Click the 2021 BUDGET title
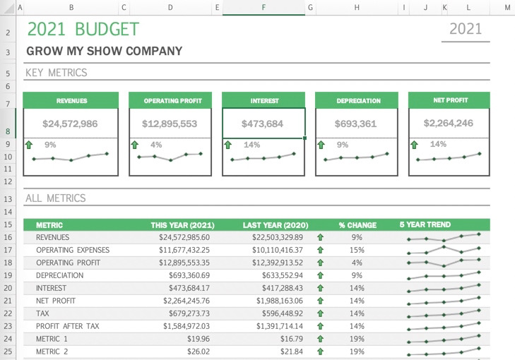[83, 30]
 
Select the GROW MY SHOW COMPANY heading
[104, 52]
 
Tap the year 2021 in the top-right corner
[466, 29]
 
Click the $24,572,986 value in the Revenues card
[70, 124]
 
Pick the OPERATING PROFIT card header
[170, 101]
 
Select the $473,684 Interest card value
[263, 124]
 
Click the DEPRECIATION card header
[357, 101]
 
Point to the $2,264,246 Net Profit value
[449, 123]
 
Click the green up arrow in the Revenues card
[29, 145]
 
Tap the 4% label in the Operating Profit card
[156, 145]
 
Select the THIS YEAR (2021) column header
[182, 225]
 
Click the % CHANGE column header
[357, 225]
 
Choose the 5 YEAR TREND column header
[425, 224]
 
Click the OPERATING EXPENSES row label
[73, 250]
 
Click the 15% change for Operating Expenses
[357, 250]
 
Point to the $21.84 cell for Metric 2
[291, 352]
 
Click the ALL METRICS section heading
[55, 198]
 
